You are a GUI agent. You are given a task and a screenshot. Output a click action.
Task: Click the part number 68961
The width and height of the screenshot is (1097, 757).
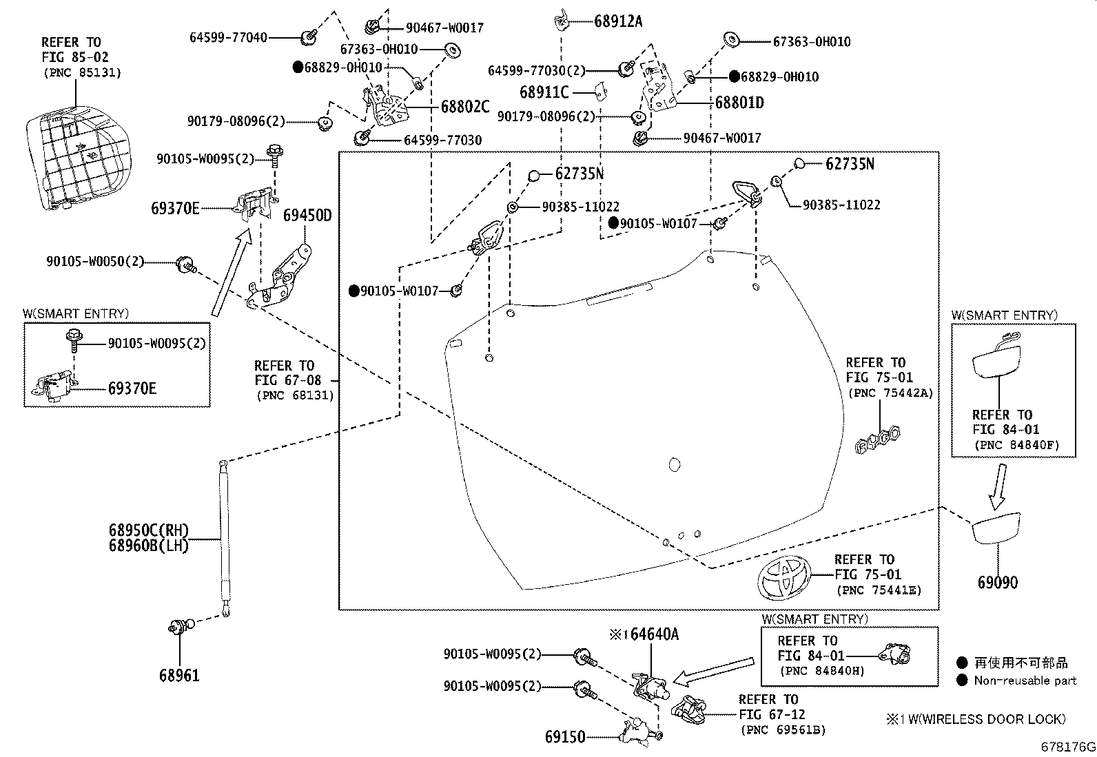click(x=179, y=675)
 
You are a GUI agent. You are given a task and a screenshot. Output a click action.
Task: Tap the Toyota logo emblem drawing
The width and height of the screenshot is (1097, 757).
click(x=784, y=577)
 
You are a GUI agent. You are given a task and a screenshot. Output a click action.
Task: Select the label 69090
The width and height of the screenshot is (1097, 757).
click(x=997, y=583)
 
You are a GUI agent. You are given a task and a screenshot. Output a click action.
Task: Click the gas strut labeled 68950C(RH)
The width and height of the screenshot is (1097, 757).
click(x=223, y=530)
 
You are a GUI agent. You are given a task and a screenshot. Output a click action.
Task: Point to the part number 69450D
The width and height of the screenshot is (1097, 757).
click(x=307, y=216)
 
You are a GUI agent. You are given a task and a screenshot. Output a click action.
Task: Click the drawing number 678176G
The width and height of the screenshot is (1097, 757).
click(x=1068, y=747)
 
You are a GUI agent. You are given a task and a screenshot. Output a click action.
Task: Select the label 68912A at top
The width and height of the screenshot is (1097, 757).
click(x=617, y=21)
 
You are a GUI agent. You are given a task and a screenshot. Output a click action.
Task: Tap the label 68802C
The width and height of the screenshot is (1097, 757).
click(x=465, y=107)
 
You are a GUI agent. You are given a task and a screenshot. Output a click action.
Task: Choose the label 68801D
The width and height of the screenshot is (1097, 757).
click(x=739, y=103)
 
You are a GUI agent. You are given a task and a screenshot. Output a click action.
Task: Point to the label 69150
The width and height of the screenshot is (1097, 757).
click(x=565, y=737)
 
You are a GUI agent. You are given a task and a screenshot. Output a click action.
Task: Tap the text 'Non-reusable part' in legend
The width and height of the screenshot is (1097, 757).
click(x=1025, y=681)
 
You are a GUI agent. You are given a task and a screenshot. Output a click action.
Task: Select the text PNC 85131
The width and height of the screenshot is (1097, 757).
click(x=82, y=72)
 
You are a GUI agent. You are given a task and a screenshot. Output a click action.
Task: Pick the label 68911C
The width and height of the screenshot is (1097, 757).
click(x=544, y=92)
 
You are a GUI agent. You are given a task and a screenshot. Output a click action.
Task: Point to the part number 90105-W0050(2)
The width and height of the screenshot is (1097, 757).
click(x=96, y=262)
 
